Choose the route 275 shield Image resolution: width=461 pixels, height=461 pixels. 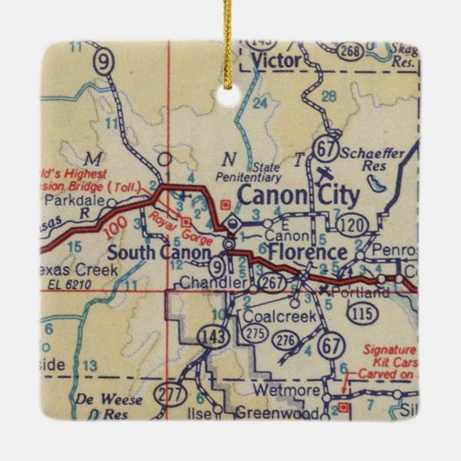(254, 333)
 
